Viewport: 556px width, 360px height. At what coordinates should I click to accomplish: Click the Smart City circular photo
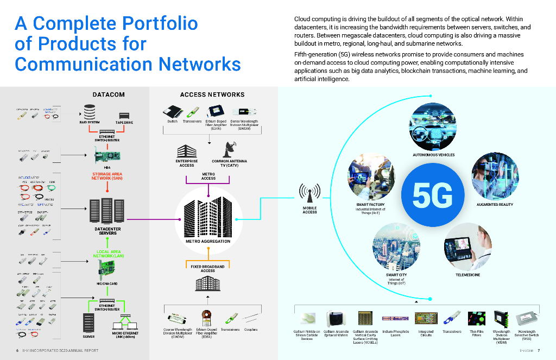(395, 247)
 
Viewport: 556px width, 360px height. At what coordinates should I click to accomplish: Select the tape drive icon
(124, 116)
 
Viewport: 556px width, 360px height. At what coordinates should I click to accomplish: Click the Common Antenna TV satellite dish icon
(229, 148)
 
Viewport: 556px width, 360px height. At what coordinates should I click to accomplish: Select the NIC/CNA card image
(106, 268)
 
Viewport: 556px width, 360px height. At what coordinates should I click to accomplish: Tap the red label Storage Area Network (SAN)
(107, 176)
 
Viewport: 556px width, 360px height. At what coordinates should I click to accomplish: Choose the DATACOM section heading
(109, 94)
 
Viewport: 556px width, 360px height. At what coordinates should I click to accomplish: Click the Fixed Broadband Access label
(207, 268)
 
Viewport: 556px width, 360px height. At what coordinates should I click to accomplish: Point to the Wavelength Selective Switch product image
(526, 319)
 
